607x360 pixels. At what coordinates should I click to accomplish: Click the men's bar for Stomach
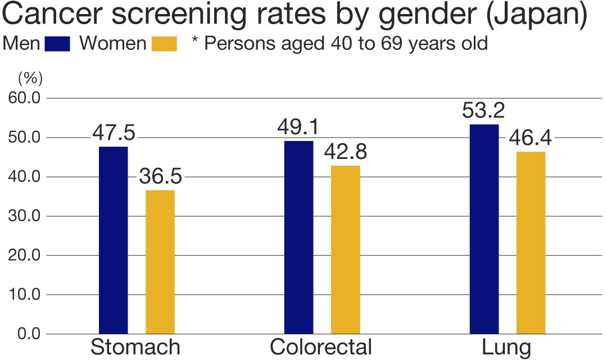pos(113,240)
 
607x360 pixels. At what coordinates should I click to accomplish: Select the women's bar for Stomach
pos(160,262)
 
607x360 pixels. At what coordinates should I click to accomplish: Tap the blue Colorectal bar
pos(298,237)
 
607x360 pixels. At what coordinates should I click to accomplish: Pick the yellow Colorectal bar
pos(346,249)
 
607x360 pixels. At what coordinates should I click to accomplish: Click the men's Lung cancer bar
pos(484,229)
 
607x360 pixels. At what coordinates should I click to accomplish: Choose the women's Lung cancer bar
pos(531,243)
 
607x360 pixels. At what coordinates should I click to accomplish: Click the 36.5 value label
pos(160,177)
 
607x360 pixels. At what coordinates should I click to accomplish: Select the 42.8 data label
pos(346,153)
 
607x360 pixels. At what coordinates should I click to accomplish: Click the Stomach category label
pos(135,348)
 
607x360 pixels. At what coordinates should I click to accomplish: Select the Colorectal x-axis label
pos(321,348)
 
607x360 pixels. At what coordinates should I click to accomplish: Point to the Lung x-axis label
pos(506,348)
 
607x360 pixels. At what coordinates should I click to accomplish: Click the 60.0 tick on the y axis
pos(24,98)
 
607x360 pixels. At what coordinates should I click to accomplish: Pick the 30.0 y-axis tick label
pos(24,216)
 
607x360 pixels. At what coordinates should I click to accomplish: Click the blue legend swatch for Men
pos(57,44)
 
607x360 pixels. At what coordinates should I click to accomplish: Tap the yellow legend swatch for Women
pos(164,44)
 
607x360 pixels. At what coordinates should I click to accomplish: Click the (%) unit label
pos(30,76)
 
